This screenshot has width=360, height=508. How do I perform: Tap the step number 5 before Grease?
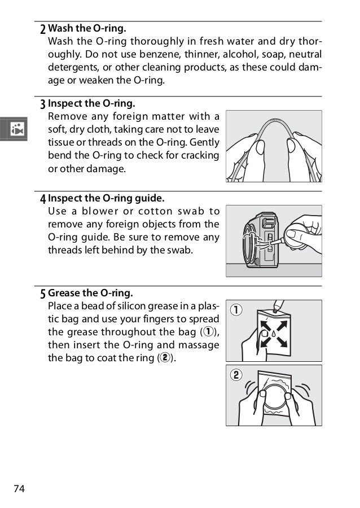point(43,294)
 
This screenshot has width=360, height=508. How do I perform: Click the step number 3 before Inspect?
point(43,104)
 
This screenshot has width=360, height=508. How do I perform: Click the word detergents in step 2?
point(69,68)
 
